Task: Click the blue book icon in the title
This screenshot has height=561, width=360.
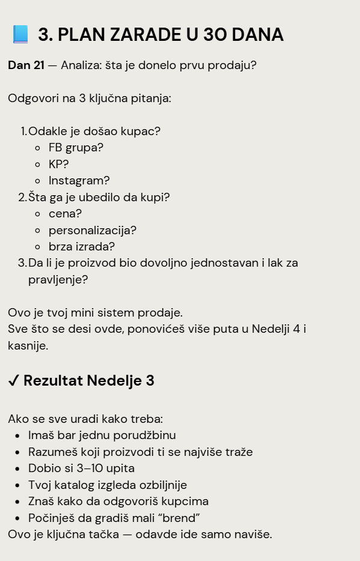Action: point(20,34)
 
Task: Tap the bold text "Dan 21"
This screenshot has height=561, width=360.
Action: point(26,65)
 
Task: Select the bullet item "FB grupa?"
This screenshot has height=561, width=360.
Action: point(76,147)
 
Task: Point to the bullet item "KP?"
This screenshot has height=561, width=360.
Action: point(59,164)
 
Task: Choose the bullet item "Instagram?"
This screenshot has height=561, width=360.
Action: point(79,180)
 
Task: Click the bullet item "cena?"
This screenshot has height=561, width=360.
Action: point(65,213)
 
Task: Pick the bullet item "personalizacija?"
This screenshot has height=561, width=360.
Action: point(93,230)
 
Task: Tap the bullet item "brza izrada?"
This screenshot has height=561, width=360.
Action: point(82,246)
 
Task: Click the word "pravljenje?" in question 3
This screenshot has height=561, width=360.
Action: point(58,279)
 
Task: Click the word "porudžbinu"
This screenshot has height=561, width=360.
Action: point(145,435)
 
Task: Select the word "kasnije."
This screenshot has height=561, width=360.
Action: point(28,345)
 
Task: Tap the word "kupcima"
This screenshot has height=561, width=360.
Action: point(182,501)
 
